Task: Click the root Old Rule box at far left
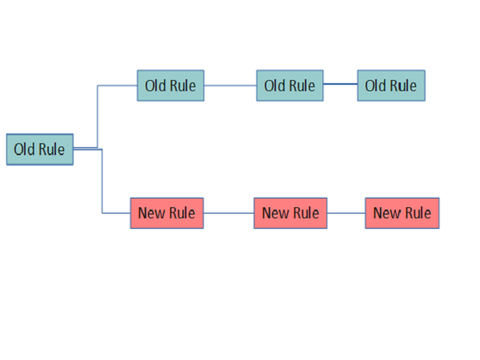point(40,149)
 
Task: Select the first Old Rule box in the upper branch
point(170,85)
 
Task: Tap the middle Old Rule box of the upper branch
point(290,86)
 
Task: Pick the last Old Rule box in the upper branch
point(391,86)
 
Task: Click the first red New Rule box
point(166,213)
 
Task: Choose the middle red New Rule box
point(290,213)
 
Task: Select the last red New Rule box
point(402,213)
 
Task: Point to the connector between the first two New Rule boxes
point(229,214)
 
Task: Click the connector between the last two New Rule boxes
point(346,214)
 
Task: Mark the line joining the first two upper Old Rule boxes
point(230,86)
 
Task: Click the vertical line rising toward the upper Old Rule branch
point(98,116)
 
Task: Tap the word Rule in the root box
point(52,149)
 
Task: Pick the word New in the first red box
point(152,213)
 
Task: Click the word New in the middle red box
point(276,213)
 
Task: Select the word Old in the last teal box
point(376,86)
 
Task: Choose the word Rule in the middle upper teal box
point(302,86)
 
